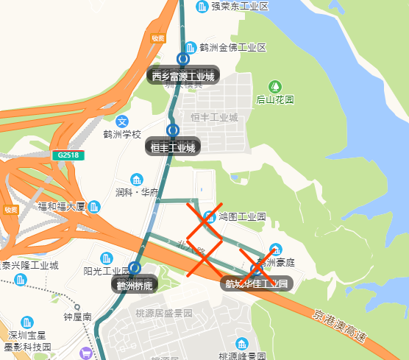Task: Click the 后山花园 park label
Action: [x=275, y=99]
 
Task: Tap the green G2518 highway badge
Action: [x=68, y=155]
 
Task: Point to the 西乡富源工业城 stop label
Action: [x=182, y=76]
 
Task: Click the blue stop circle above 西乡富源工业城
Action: [x=182, y=60]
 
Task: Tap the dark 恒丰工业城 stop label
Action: [x=173, y=147]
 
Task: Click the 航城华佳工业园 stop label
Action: [x=257, y=283]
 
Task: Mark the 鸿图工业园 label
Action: [x=241, y=217]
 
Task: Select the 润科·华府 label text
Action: [x=137, y=193]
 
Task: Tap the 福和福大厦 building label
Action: [x=63, y=206]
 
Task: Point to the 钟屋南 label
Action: [x=77, y=317]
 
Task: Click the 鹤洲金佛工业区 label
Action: [x=232, y=48]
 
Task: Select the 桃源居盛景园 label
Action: [x=163, y=313]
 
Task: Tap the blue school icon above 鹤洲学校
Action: [x=123, y=121]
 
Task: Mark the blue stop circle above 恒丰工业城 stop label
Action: [x=173, y=130]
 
